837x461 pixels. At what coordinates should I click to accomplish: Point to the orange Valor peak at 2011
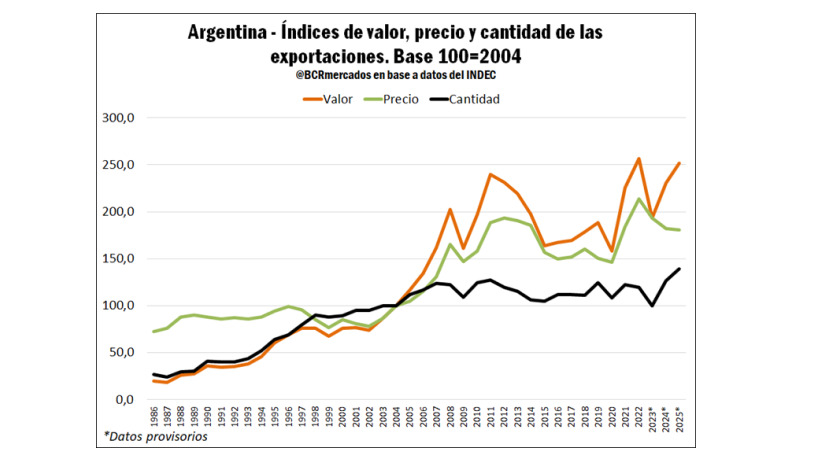click(489, 175)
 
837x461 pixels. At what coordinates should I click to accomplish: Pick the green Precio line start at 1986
click(153, 331)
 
